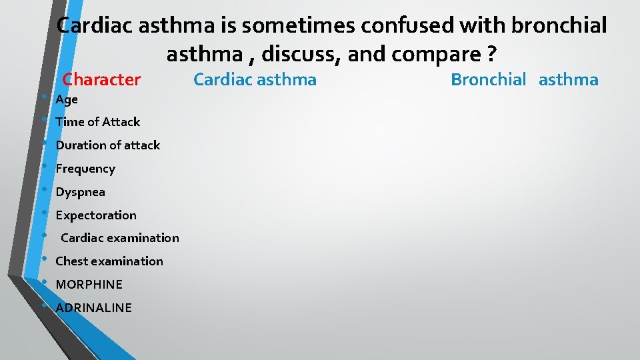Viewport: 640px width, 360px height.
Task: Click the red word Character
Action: coord(101,80)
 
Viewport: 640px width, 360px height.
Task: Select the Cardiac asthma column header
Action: coord(255,80)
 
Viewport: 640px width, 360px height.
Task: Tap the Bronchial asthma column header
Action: coord(525,80)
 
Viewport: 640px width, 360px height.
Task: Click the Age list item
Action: coord(67,99)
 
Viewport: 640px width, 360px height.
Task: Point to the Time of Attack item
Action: coord(98,122)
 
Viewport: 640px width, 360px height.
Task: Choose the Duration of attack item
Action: coord(108,145)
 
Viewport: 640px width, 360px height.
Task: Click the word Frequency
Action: coord(85,169)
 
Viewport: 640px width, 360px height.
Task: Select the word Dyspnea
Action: coord(80,192)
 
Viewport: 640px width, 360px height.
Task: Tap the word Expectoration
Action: coord(96,215)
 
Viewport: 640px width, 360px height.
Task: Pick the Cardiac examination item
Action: coord(120,238)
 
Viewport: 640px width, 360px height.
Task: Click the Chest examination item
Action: coord(109,261)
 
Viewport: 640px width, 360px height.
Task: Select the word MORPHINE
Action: coord(89,285)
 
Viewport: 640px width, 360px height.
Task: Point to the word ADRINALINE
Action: coord(94,308)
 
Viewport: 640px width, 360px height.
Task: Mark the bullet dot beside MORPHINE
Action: coord(43,282)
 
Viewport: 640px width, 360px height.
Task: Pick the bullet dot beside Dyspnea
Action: coord(43,189)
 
